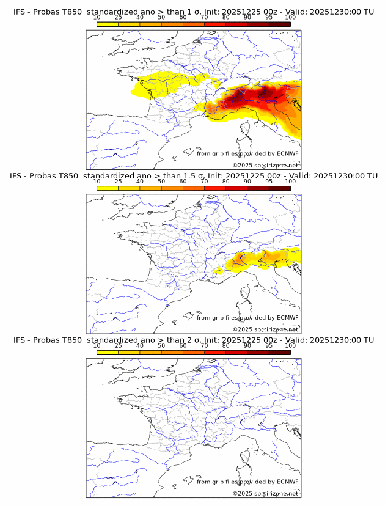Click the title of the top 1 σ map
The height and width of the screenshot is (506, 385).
pos(193,12)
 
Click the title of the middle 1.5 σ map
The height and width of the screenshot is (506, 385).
pos(193,176)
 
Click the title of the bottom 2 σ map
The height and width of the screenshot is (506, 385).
pos(193,340)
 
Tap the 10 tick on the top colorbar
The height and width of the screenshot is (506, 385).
pos(97,18)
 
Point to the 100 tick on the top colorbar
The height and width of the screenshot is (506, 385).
pos(290,18)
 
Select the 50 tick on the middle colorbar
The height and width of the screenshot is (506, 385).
pos(161,182)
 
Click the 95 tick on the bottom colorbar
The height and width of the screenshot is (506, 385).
pos(269,346)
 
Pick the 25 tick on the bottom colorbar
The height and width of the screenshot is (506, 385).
pos(119,346)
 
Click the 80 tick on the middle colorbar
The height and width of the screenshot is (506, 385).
pos(226,182)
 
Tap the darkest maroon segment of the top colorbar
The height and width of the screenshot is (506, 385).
pos(279,24)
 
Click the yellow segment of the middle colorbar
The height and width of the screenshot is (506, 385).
pos(108,188)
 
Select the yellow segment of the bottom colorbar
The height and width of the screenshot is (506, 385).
pos(108,353)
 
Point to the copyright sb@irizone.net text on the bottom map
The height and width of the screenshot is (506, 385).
pos(266,494)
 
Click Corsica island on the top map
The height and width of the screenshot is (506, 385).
pos(247,129)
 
